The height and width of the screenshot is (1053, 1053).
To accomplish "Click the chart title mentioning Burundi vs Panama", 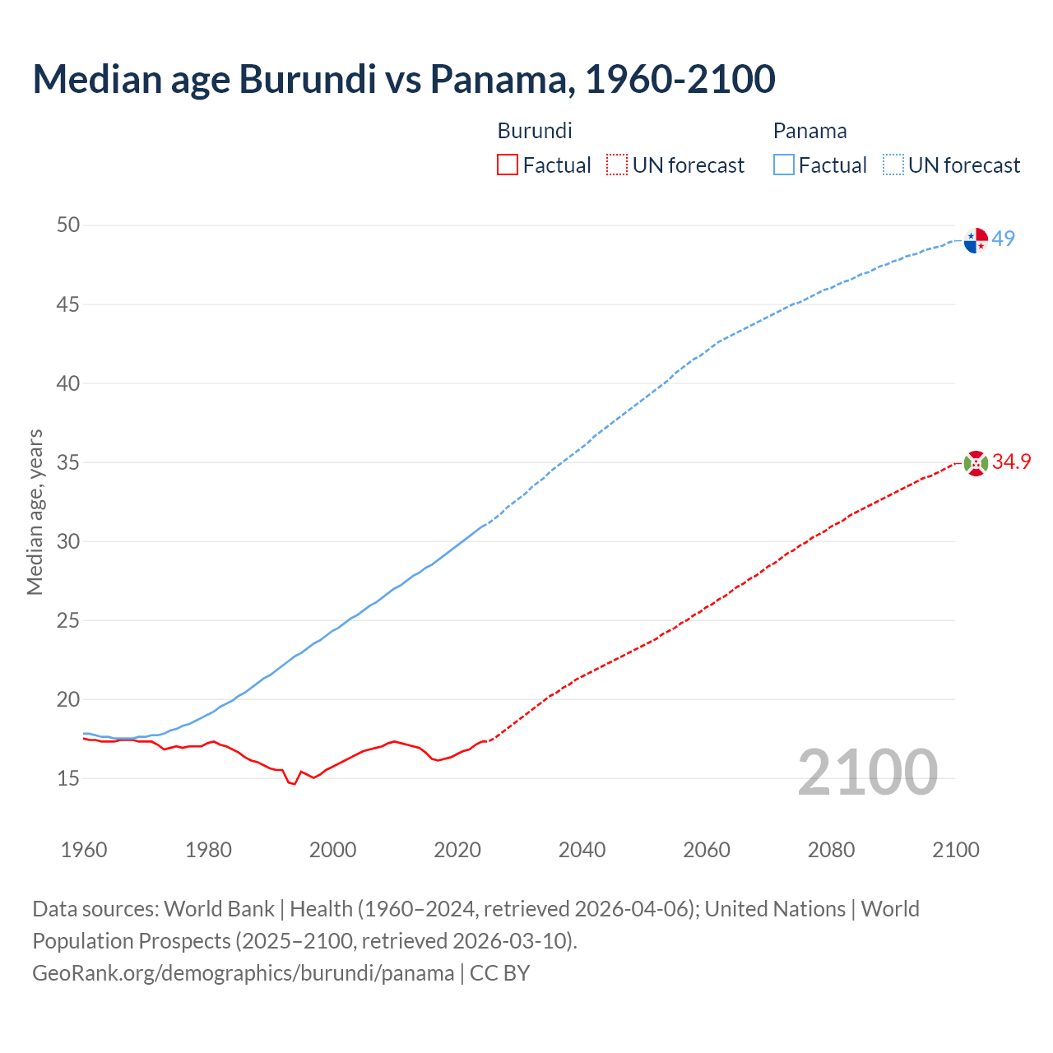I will (403, 79).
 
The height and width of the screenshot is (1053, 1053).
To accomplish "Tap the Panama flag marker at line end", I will (976, 240).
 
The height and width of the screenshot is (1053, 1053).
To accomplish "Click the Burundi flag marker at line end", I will (976, 463).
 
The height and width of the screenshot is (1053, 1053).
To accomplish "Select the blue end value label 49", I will (1004, 239).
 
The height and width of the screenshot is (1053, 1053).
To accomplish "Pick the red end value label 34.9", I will (1011, 462).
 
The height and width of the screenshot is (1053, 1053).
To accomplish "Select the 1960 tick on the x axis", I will (84, 850).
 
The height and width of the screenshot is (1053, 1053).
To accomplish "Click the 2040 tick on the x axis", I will (582, 850).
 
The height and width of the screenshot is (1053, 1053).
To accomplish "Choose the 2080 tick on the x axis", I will (831, 850).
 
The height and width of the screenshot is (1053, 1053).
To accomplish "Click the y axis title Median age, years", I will (35, 512).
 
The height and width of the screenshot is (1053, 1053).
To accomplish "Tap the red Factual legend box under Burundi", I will (508, 165).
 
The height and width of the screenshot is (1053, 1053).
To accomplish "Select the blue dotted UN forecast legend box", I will (893, 165).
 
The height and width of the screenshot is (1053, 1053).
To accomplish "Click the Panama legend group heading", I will (809, 131).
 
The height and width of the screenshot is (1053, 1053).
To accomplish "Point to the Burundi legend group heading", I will (535, 131).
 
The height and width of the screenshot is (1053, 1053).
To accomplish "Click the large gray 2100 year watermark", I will (867, 772).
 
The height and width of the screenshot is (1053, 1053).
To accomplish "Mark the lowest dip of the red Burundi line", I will (294, 783).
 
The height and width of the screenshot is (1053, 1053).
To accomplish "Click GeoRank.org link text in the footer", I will (243, 973).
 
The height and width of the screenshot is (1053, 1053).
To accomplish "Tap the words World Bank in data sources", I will (219, 909).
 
